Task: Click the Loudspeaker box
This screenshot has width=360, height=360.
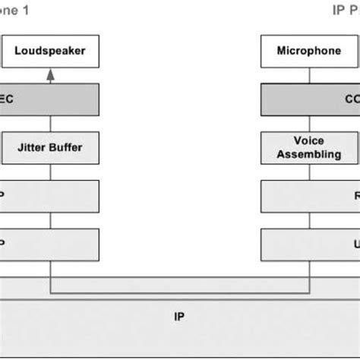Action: (50, 52)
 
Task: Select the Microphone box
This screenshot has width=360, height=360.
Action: (309, 52)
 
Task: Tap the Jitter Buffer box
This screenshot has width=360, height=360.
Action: (50, 147)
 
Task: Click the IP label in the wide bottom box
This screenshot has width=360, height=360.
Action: (179, 316)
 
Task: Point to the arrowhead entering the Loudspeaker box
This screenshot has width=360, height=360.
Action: (50, 74)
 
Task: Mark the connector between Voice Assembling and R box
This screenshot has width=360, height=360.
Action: (309, 172)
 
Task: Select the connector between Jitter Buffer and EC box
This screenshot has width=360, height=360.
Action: (50, 123)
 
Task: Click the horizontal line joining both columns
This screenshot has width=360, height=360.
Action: (179, 293)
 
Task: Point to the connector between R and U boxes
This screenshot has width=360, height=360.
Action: (309, 219)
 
